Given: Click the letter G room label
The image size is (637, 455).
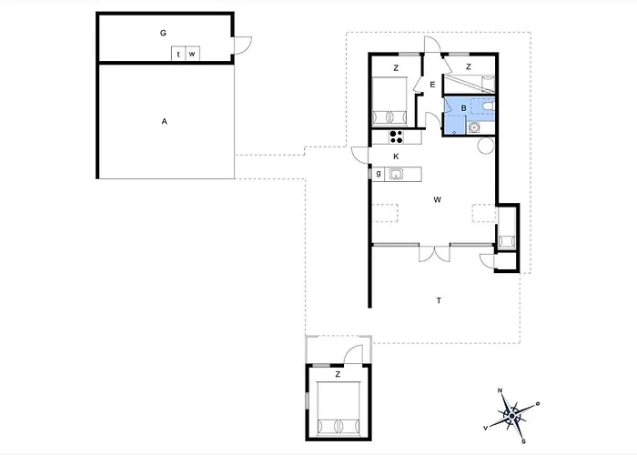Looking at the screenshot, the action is [x=163, y=33].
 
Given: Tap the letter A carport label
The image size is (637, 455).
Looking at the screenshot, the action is [x=164, y=121].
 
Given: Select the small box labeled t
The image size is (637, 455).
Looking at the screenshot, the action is [x=178, y=54].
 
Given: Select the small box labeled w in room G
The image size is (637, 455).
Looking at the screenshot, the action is [x=193, y=54].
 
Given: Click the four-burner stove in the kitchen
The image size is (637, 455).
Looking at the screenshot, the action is [x=397, y=136].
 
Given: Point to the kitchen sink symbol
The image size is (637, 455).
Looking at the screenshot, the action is [x=396, y=175].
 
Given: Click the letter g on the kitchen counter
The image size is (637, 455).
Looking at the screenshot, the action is [x=379, y=174].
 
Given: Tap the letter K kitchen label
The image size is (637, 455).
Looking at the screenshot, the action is [x=396, y=157].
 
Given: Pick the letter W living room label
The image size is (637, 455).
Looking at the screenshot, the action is [x=437, y=199].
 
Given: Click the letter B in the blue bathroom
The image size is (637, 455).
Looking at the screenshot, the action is [x=463, y=108].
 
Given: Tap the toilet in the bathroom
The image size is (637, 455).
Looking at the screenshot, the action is [x=488, y=106].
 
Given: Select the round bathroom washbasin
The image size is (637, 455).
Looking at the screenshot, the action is [x=473, y=127].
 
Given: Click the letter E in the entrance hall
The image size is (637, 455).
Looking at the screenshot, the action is [x=432, y=85].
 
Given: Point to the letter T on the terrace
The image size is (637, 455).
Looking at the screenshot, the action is [x=439, y=300].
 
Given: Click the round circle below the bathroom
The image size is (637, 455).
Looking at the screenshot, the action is [x=486, y=146].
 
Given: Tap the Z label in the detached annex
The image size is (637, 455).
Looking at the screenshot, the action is [x=338, y=374].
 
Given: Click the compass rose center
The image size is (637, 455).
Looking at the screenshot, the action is [x=511, y=416].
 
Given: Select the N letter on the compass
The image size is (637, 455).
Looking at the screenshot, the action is [x=500, y=390].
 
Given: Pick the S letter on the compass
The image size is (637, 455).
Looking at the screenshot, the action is [x=524, y=441].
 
